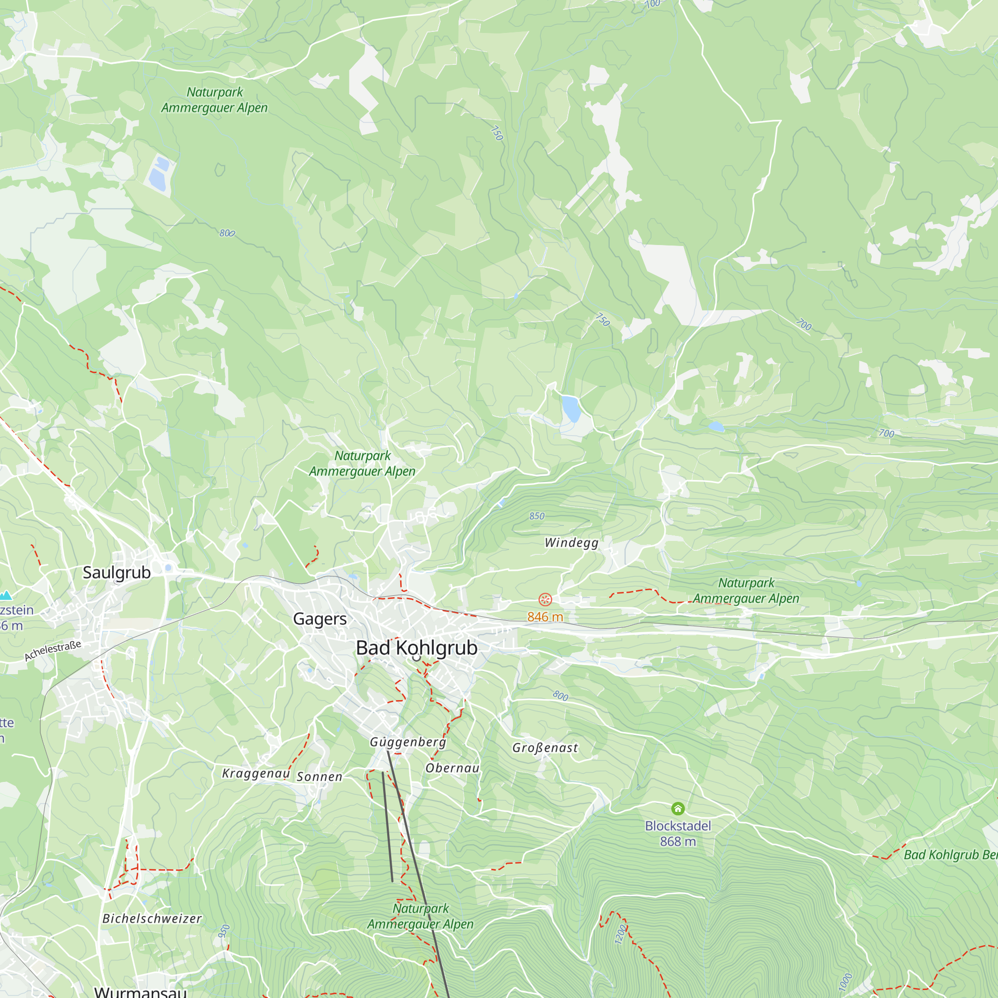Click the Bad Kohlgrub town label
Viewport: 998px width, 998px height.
416,648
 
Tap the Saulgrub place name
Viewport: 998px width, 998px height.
117,572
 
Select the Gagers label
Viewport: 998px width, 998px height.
320,618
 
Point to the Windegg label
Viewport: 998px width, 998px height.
571,542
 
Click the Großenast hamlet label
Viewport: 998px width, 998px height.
545,748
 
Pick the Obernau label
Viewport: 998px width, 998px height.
453,768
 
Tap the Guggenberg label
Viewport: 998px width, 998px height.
408,742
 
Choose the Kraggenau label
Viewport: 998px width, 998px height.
255,773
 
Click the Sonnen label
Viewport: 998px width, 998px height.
319,777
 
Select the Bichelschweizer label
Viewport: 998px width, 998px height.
152,919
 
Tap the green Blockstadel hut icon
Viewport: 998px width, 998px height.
678,808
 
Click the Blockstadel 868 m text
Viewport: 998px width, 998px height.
678,834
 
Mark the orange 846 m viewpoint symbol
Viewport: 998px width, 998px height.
545,599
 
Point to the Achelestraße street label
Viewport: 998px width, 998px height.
53,651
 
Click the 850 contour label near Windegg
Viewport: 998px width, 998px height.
537,516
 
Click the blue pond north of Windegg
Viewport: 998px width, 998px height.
571,409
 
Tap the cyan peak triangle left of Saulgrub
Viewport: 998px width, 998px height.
5,596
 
